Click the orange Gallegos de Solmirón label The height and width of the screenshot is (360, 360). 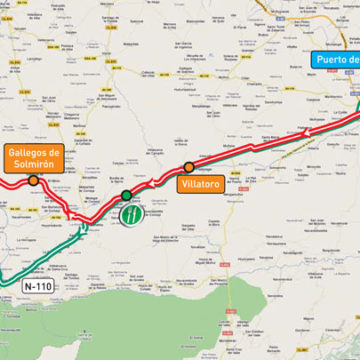(33, 157)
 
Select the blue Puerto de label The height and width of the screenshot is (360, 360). (335, 59)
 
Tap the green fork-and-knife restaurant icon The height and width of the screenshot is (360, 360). (130, 215)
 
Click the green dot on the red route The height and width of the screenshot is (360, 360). (127, 196)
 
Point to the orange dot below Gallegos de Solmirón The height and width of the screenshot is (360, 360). (35, 180)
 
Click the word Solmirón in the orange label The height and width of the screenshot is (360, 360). (33, 164)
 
